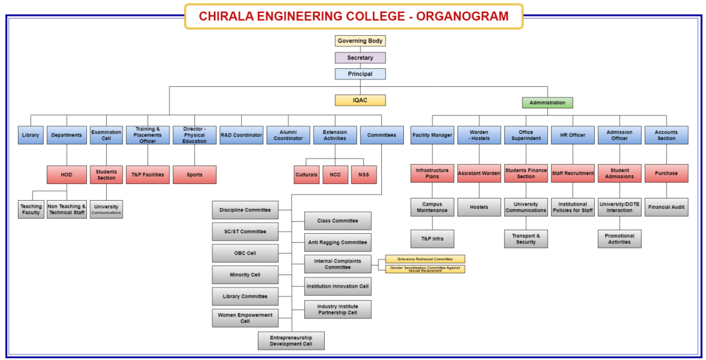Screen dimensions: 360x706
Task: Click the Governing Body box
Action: (x=361, y=41)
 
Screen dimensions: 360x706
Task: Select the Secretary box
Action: (x=361, y=58)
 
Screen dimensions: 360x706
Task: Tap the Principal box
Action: (x=361, y=74)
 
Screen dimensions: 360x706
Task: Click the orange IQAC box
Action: (x=361, y=101)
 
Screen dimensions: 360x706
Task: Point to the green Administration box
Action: (x=547, y=103)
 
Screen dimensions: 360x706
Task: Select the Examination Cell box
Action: (x=106, y=135)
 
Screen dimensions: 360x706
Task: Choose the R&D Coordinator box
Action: (x=241, y=135)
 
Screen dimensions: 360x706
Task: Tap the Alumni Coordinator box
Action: (x=288, y=135)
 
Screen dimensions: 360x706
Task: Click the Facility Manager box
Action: (x=432, y=135)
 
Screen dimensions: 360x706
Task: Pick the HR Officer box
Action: (x=573, y=135)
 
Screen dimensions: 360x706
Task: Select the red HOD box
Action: (x=67, y=174)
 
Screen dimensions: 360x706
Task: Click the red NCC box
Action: (x=335, y=174)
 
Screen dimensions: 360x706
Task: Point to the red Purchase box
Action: (x=667, y=174)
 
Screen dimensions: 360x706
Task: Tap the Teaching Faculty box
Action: (x=31, y=210)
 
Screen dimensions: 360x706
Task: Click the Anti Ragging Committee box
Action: (x=338, y=243)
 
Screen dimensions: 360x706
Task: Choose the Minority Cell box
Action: (x=245, y=275)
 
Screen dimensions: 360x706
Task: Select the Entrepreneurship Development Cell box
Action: (x=291, y=341)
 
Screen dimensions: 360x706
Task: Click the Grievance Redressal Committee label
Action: (x=425, y=259)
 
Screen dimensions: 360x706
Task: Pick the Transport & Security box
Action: (x=526, y=239)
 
